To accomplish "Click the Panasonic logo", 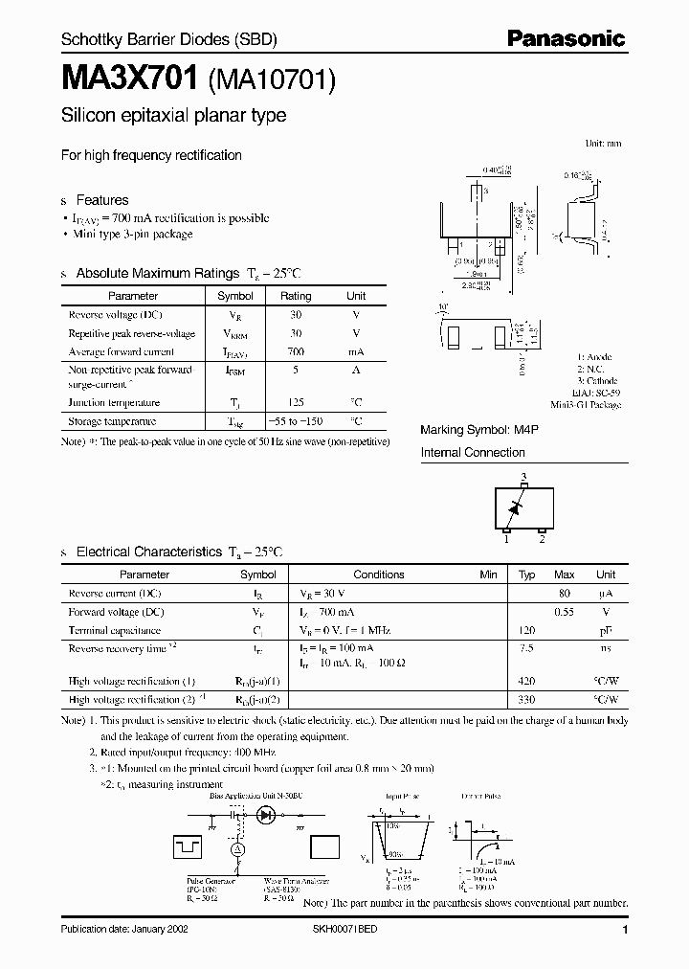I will click(x=565, y=39).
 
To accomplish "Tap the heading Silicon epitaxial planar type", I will click(x=173, y=117).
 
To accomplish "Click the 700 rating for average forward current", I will click(x=296, y=351).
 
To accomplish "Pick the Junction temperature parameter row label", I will click(x=114, y=403).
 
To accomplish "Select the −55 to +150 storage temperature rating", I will click(x=296, y=421).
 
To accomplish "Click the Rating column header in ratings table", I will click(x=296, y=297).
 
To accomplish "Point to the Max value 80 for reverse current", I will click(x=565, y=594).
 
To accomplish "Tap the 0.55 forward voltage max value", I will click(x=565, y=612).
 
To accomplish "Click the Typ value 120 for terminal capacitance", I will click(x=526, y=631).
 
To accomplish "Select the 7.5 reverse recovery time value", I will click(x=526, y=648).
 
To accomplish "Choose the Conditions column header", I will click(x=379, y=575).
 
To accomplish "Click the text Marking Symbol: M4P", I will click(x=474, y=431).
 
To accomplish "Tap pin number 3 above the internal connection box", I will click(x=523, y=477).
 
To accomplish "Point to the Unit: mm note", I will click(x=603, y=143).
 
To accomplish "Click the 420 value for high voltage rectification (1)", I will click(x=526, y=681).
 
